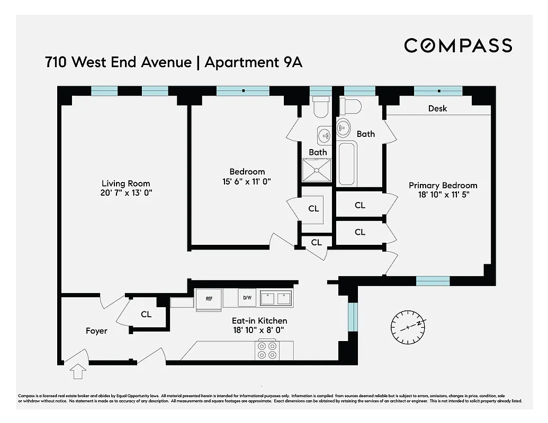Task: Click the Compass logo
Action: [458, 45]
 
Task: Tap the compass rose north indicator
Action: [408, 326]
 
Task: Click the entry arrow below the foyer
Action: [78, 371]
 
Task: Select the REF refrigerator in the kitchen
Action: [209, 298]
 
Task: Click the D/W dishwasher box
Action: [247, 298]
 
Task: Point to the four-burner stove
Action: [267, 350]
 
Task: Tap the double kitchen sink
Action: [277, 298]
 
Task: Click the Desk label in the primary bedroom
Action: [437, 108]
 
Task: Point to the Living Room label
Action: [126, 183]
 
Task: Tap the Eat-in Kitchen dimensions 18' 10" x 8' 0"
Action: [259, 330]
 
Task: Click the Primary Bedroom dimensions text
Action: [443, 195]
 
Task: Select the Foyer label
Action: [96, 331]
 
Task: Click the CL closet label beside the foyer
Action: [146, 314]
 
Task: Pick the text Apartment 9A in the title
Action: [253, 62]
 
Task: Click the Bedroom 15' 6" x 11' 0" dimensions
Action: [247, 181]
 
